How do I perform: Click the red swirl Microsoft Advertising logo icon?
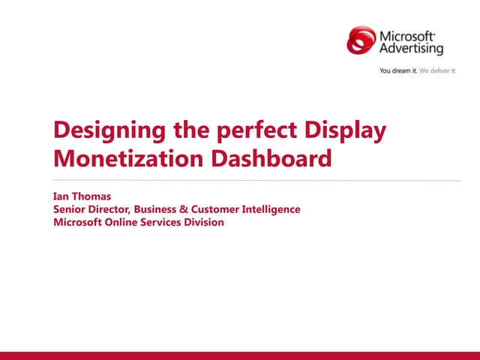pyautogui.click(x=361, y=40)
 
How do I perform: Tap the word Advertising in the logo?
pyautogui.click(x=411, y=49)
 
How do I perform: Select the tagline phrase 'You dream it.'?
pyautogui.click(x=398, y=71)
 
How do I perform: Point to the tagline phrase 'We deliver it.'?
pyautogui.click(x=438, y=71)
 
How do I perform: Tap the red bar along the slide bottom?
pyautogui.click(x=240, y=355)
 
